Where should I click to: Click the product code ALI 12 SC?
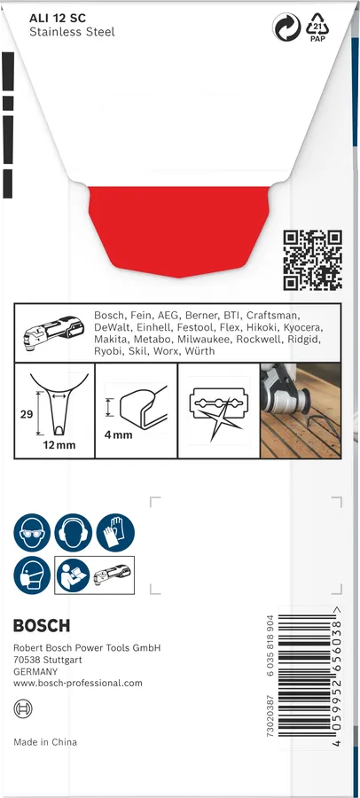click(58, 19)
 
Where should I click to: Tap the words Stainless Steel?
click(72, 32)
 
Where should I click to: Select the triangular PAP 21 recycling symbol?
click(317, 27)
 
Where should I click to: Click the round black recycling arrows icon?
click(286, 27)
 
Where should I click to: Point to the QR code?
click(312, 260)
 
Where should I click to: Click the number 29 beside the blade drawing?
click(27, 414)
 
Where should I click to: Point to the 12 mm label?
click(59, 445)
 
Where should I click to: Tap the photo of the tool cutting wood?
click(301, 411)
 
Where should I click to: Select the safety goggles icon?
click(32, 532)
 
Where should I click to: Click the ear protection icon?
click(74, 532)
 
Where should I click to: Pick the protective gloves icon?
click(115, 532)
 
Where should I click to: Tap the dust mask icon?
click(32, 575)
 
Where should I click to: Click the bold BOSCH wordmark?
click(42, 625)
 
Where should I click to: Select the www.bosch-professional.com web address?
click(78, 683)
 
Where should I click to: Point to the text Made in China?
click(45, 742)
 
